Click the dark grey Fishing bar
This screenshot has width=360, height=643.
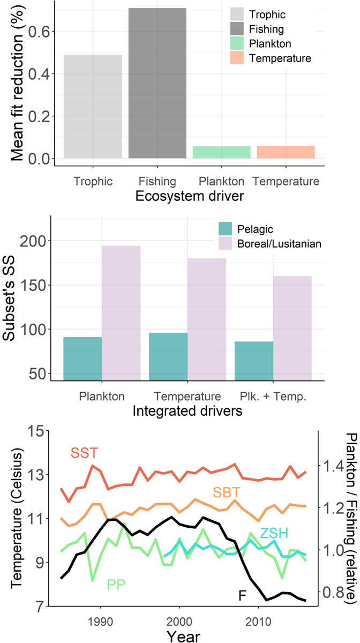(x=157, y=83)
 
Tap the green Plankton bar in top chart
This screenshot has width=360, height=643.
(x=221, y=152)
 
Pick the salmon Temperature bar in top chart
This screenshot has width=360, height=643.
(x=286, y=152)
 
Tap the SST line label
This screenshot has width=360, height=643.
(x=85, y=454)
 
